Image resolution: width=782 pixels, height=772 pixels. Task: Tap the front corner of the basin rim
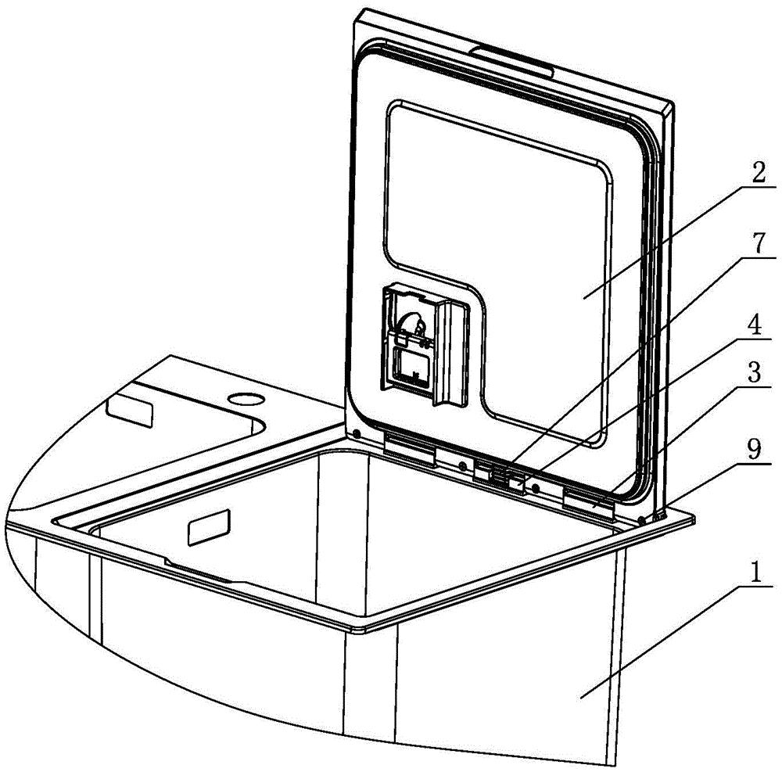tap(361, 628)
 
